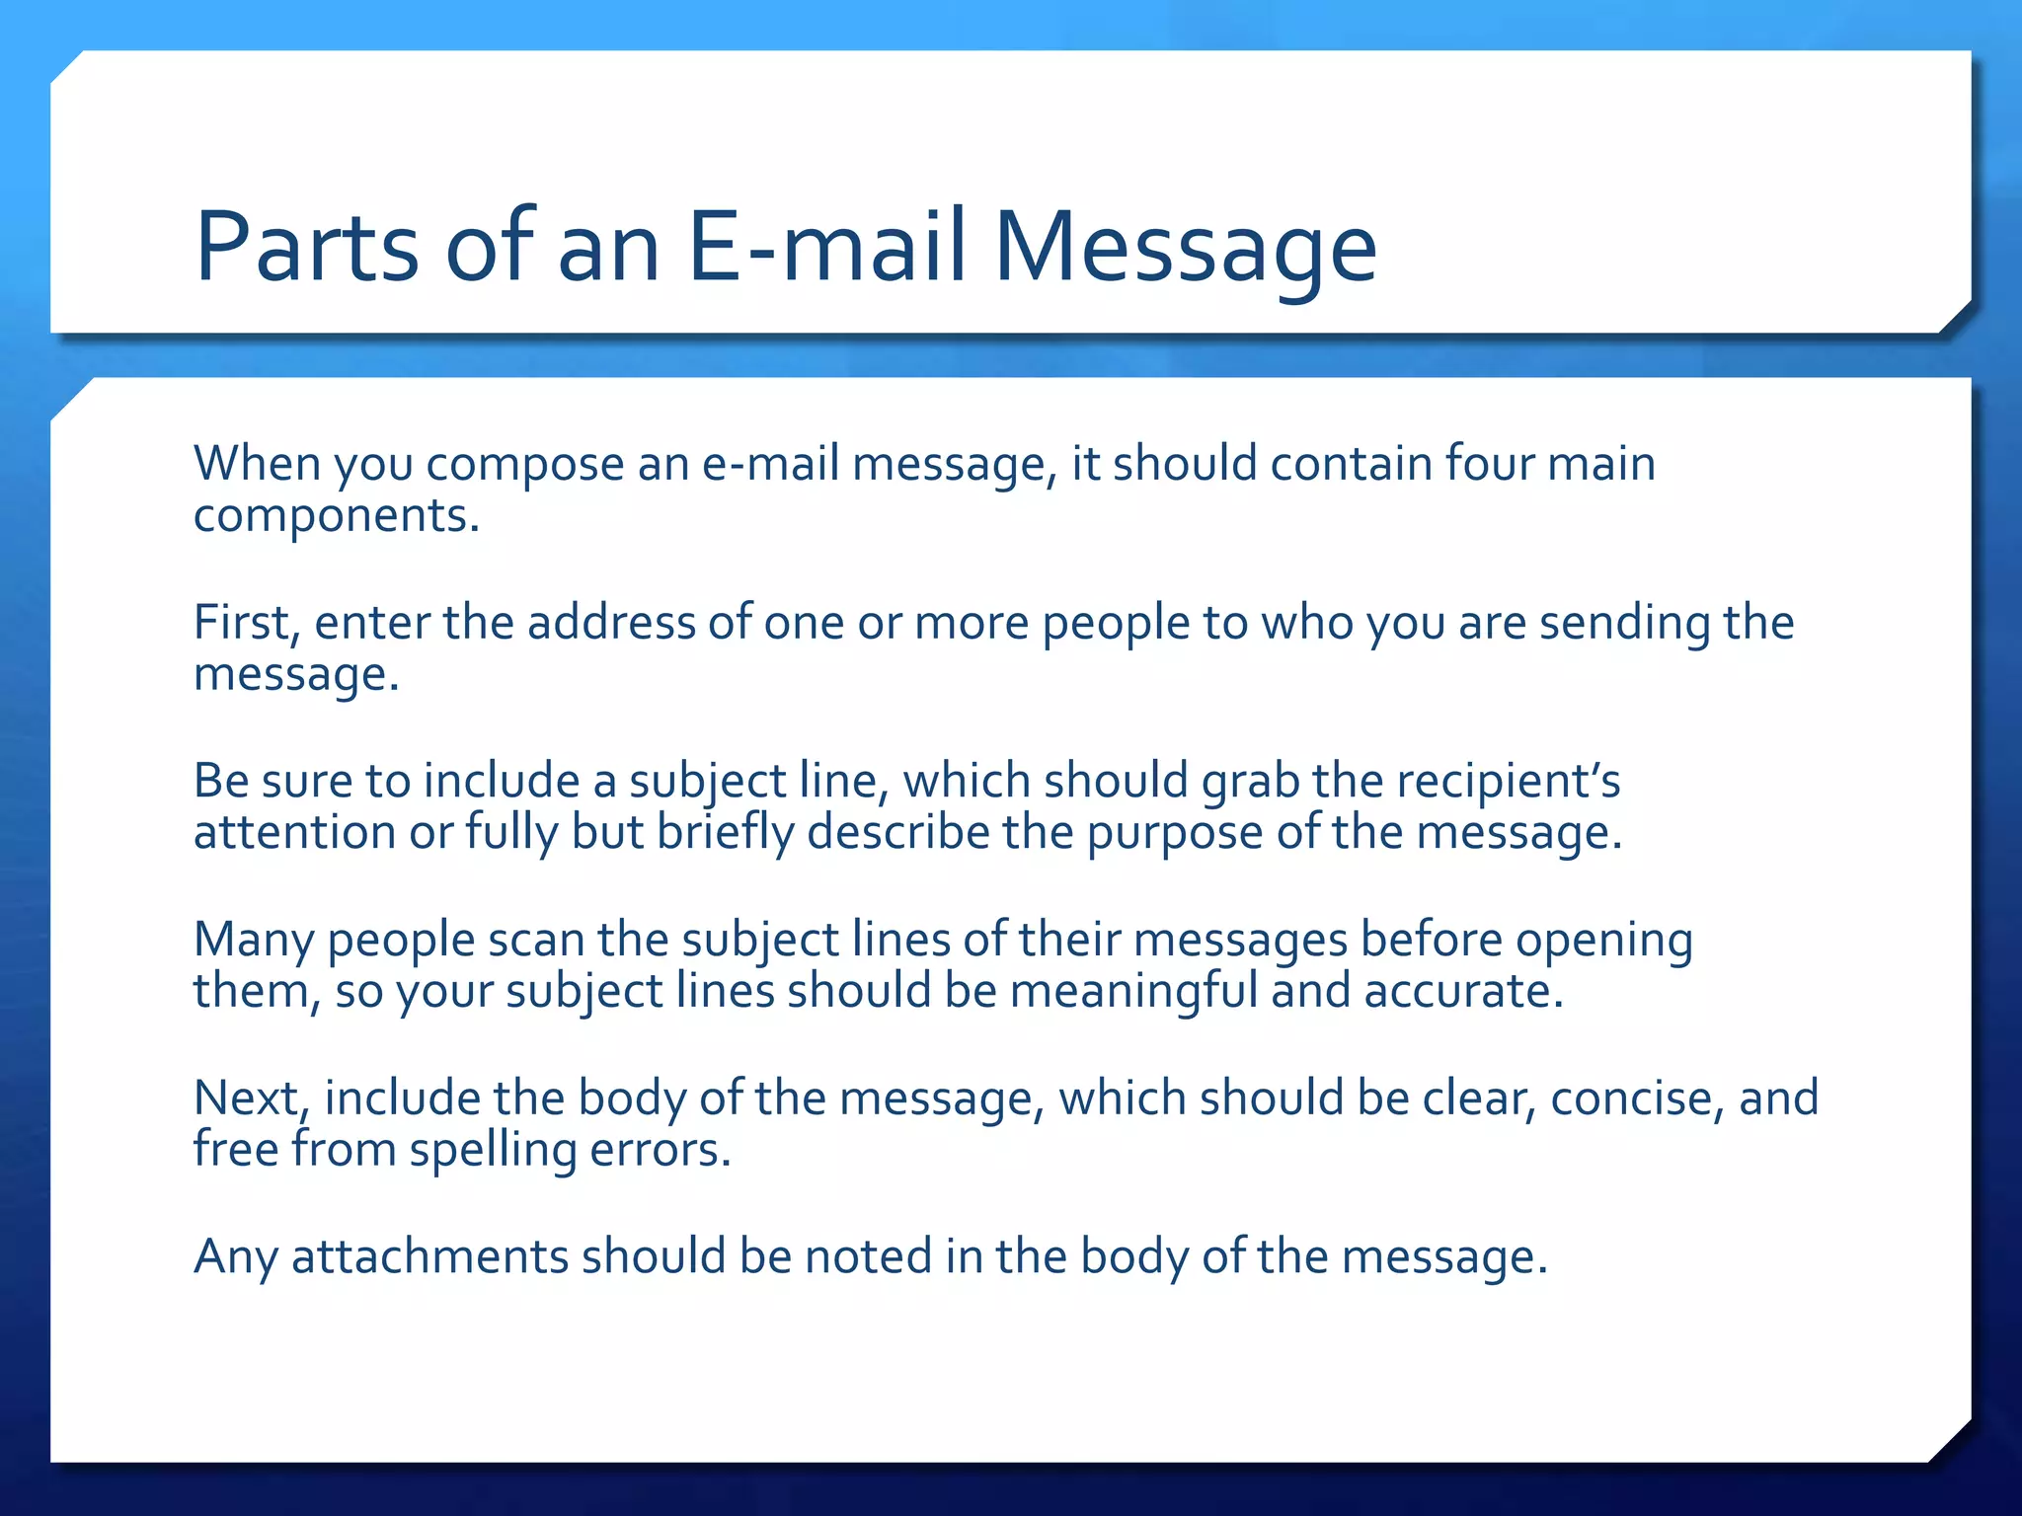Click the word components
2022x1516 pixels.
point(336,516)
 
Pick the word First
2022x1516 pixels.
point(246,623)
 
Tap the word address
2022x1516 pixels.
point(611,623)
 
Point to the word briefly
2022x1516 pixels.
point(726,832)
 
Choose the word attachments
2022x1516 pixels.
point(429,1257)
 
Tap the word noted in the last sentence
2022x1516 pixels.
point(868,1257)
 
